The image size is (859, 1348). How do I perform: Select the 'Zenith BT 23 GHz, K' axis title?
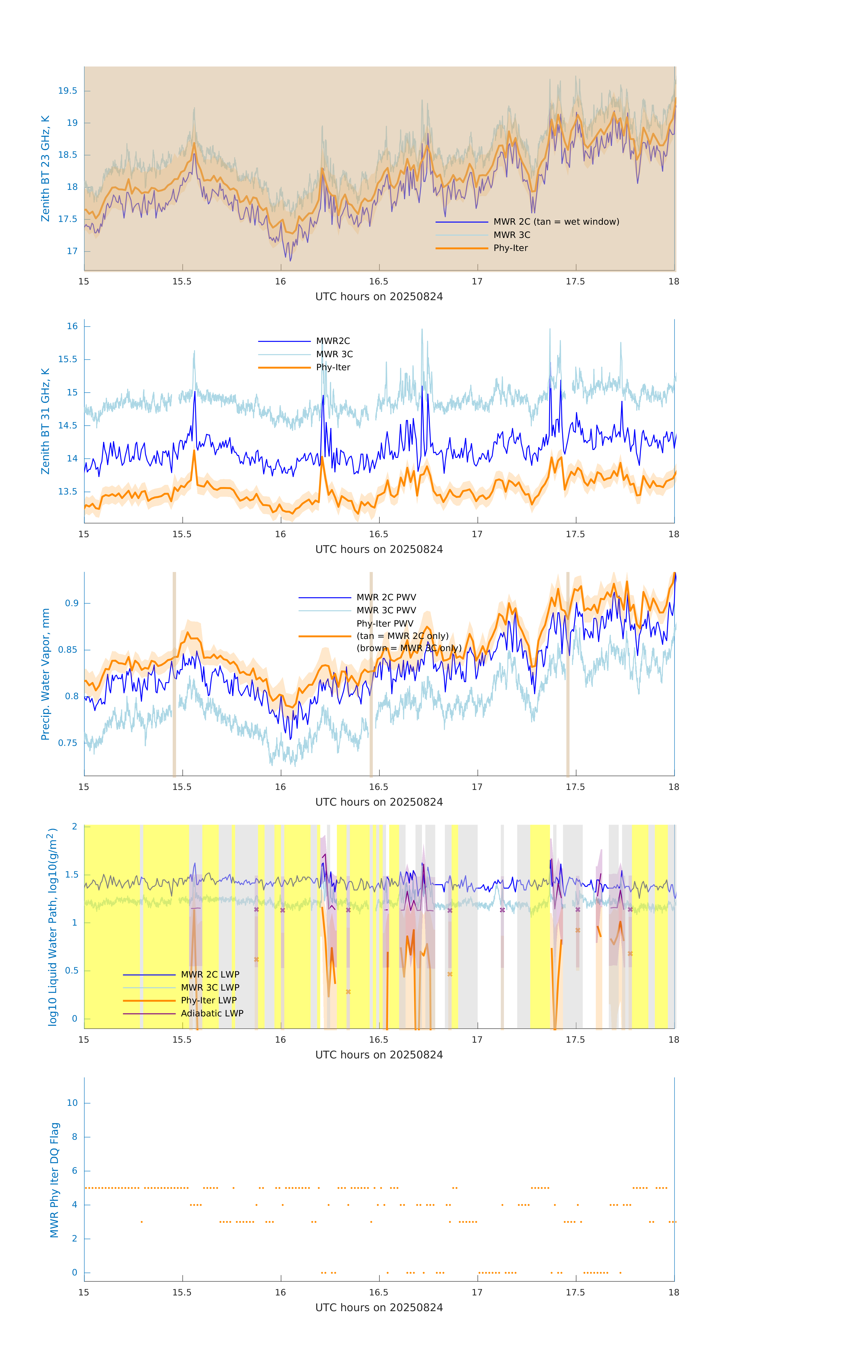coord(45,168)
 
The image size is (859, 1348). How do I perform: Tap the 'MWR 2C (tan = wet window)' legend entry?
coord(556,222)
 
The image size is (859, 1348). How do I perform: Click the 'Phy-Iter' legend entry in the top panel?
coord(510,248)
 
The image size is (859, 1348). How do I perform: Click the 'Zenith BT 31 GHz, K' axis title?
coord(45,421)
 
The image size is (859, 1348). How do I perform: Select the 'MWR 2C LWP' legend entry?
coord(210,975)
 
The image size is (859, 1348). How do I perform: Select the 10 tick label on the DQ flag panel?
coord(72,1103)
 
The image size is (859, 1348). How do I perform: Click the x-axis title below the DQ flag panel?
coord(379,1308)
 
